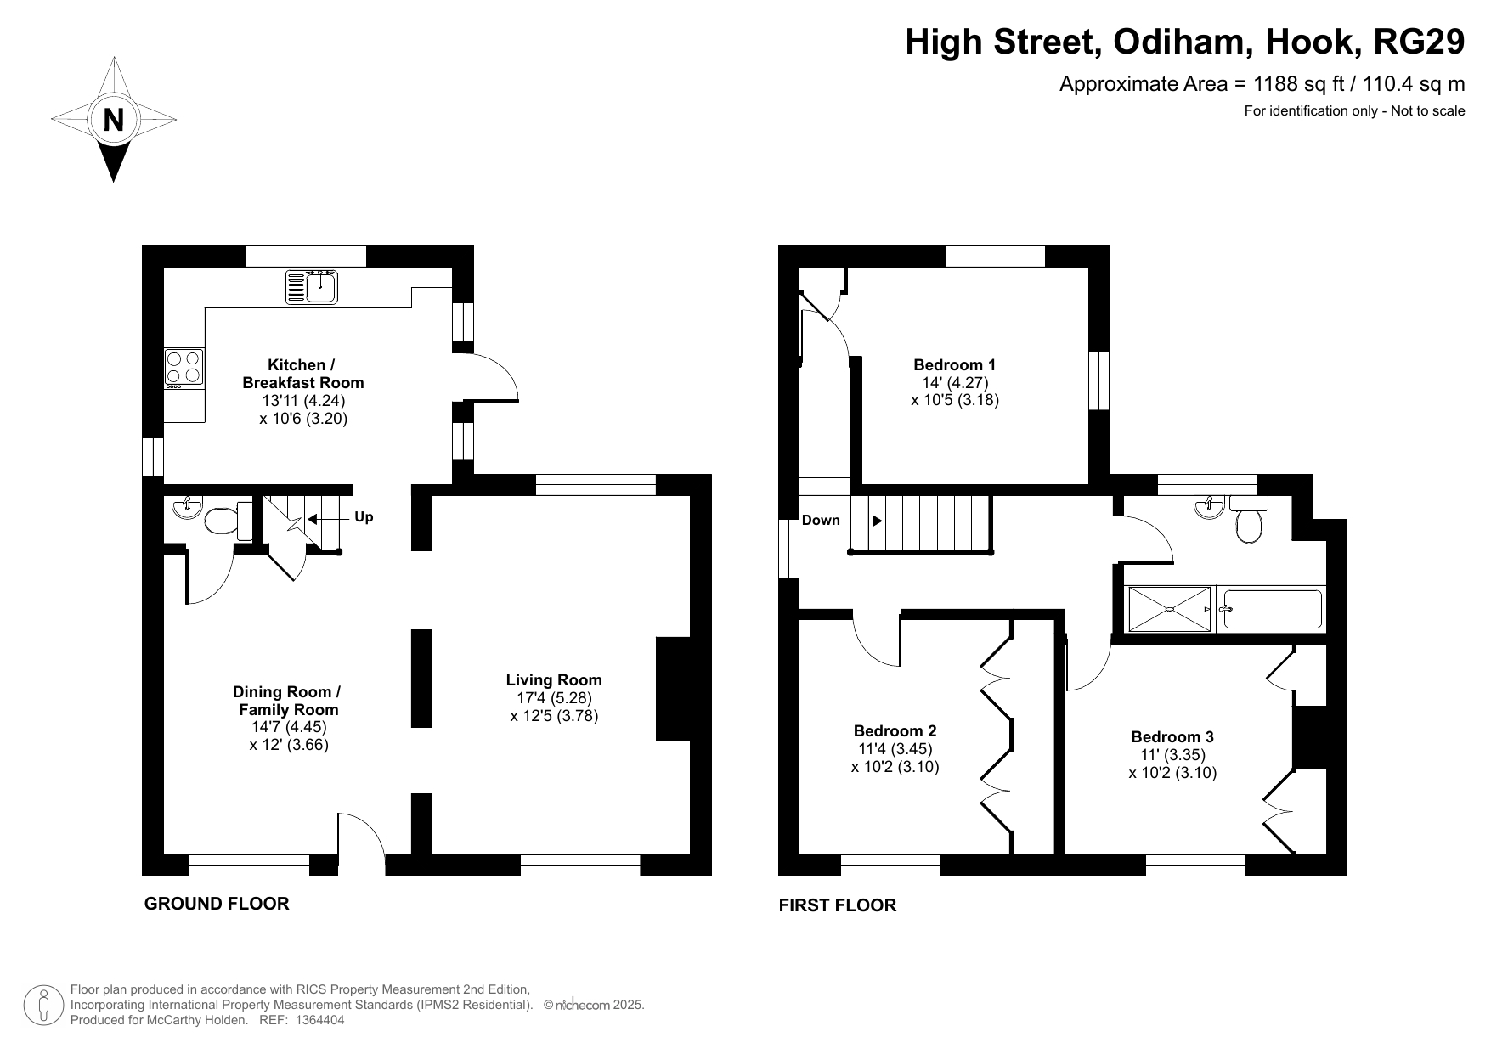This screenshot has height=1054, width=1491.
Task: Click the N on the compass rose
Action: (113, 120)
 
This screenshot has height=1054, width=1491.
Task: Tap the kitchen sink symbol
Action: (312, 286)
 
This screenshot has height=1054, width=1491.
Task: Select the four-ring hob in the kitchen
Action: (184, 369)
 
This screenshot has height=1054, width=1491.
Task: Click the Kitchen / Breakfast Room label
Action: (303, 374)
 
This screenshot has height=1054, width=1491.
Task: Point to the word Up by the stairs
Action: (364, 517)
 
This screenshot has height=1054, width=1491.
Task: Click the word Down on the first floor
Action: (821, 520)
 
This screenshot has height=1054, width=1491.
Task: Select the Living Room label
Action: (554, 679)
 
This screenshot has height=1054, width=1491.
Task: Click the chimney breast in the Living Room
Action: (673, 689)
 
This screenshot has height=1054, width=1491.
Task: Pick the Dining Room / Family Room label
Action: (288, 701)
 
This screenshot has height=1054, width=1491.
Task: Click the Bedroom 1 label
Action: (955, 364)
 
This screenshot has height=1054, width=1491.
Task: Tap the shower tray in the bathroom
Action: (1169, 609)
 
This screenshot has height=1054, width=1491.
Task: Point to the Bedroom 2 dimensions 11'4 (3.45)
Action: (895, 749)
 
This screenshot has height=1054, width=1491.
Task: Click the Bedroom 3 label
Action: (1172, 736)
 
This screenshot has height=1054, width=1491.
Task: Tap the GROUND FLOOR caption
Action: (217, 904)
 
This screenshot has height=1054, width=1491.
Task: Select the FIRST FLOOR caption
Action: (838, 905)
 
